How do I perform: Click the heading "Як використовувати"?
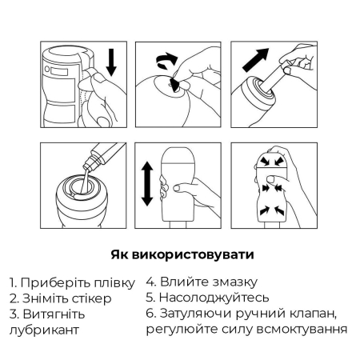pyautogui.click(x=179, y=256)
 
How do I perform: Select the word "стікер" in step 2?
pyautogui.click(x=83, y=298)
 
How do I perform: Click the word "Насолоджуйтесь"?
pyautogui.click(x=212, y=298)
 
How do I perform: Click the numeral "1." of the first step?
pyautogui.click(x=14, y=283)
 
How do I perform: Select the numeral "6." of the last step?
pyautogui.click(x=151, y=313)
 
